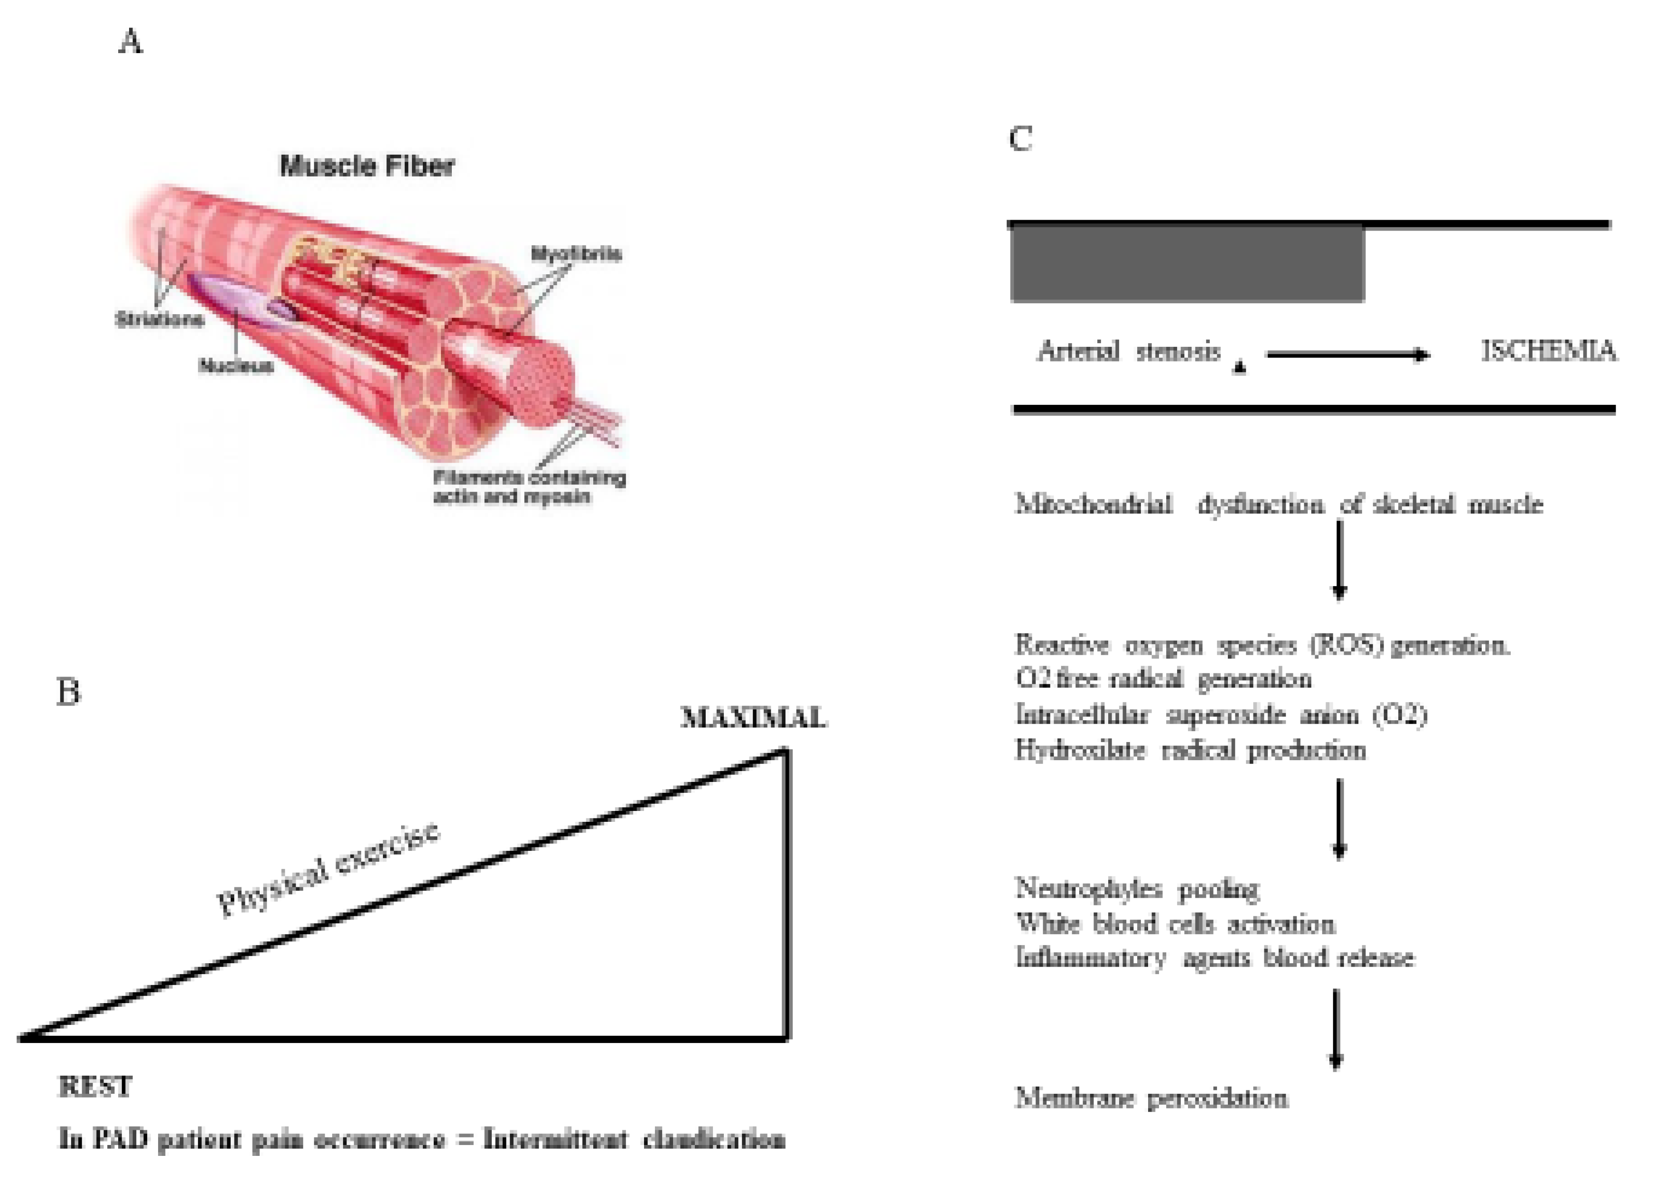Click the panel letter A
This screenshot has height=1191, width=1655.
pyautogui.click(x=131, y=42)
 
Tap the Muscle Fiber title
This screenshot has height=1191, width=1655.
pyautogui.click(x=367, y=166)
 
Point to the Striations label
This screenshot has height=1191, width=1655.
pyautogui.click(x=159, y=319)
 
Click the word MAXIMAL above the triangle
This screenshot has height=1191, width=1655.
pyautogui.click(x=753, y=718)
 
